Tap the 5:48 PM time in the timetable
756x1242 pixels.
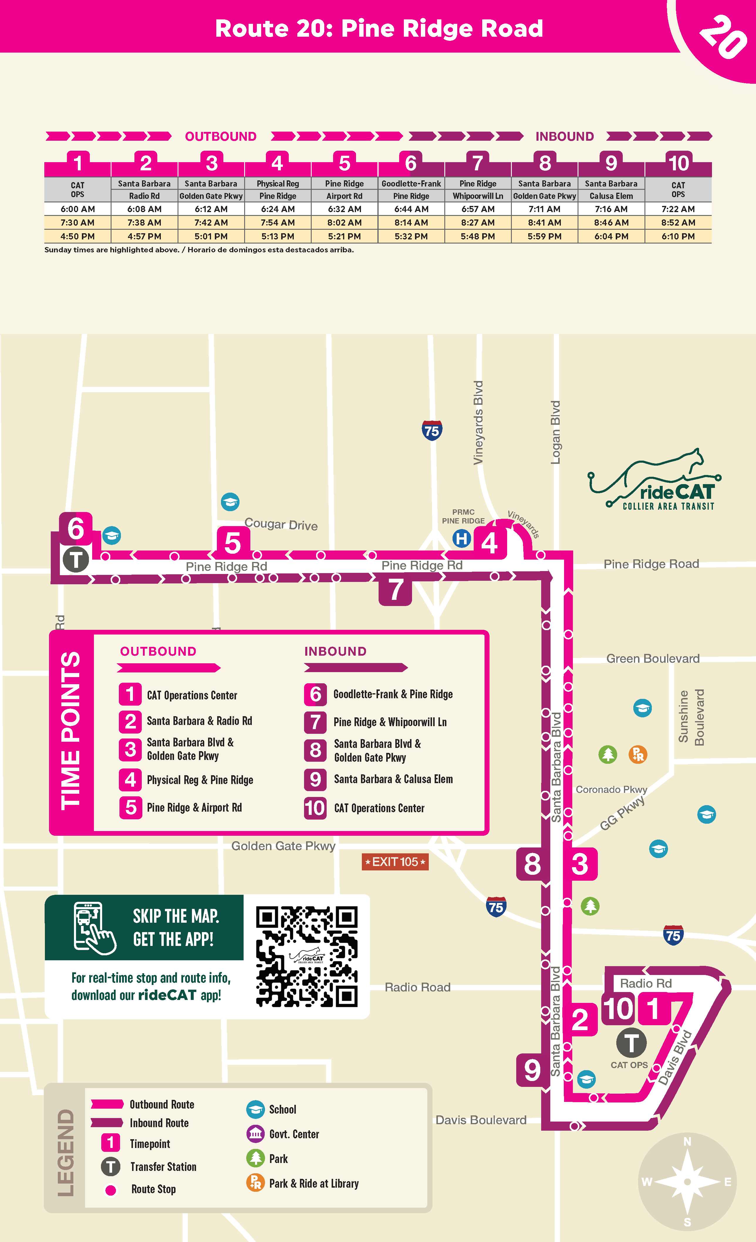[x=477, y=236]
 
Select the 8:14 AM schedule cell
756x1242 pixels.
[x=411, y=223]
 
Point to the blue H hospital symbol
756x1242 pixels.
[x=461, y=538]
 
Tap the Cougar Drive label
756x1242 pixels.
[x=281, y=525]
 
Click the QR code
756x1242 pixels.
[x=307, y=957]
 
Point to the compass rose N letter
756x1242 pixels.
[x=687, y=1142]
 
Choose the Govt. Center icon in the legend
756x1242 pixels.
[x=255, y=1134]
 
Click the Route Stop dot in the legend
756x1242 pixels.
[x=111, y=1190]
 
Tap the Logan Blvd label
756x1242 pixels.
[x=556, y=432]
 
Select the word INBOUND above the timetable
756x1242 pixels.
[x=565, y=137]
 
